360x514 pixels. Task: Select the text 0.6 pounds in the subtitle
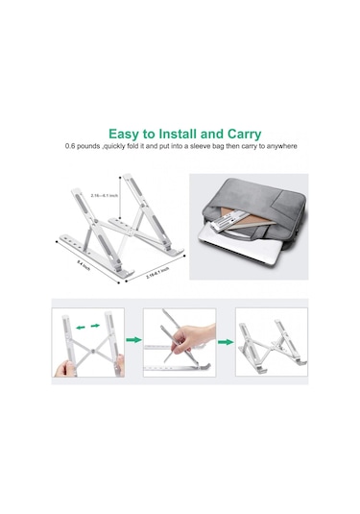[84, 146]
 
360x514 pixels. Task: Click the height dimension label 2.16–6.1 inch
[102, 195]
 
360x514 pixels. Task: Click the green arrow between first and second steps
[132, 339]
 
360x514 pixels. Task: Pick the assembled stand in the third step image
[271, 344]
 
